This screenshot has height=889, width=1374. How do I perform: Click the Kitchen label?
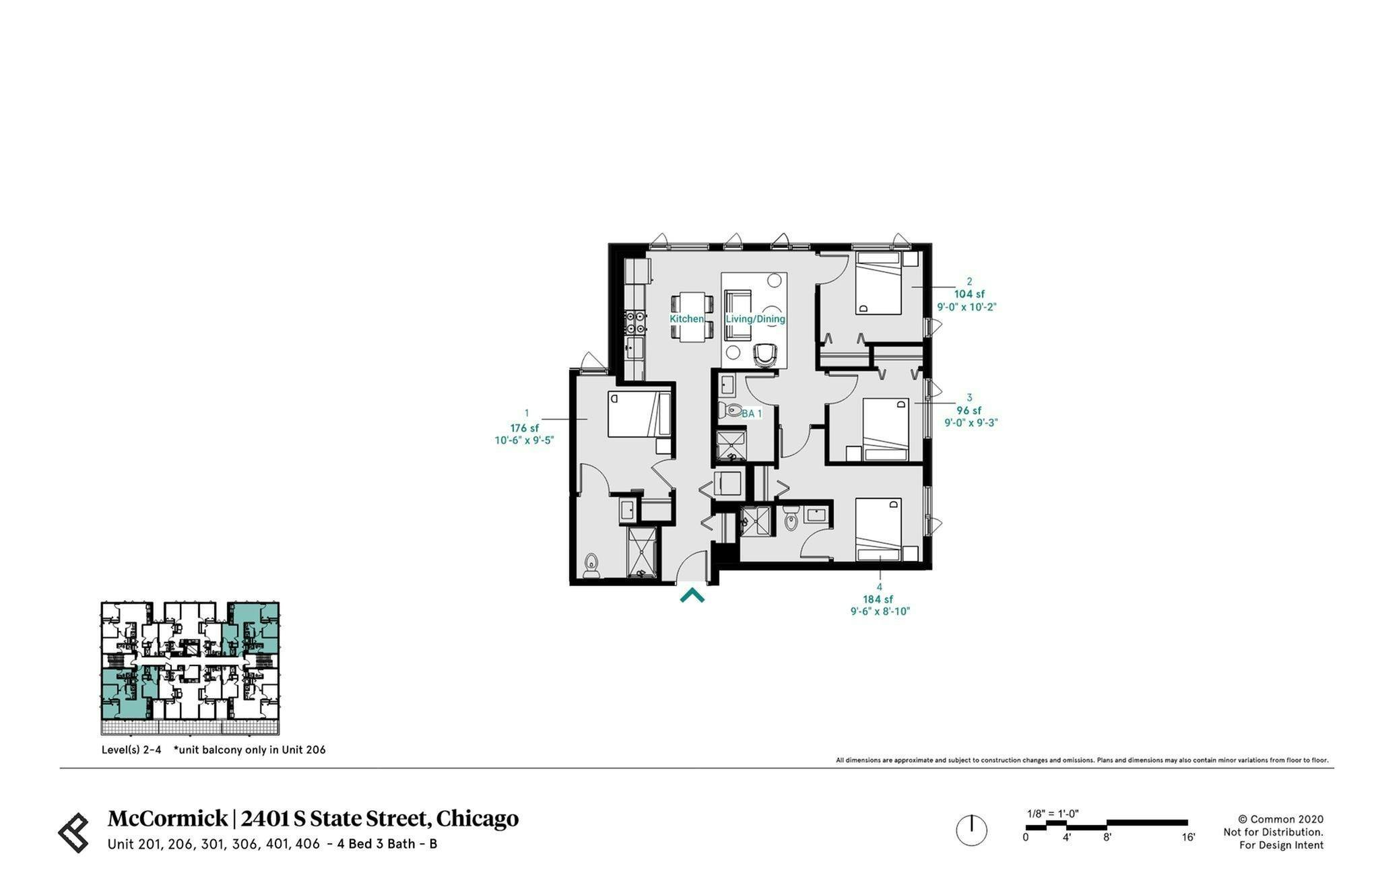686,319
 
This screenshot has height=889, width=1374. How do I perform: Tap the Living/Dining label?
755,319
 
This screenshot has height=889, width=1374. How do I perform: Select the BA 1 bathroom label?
752,414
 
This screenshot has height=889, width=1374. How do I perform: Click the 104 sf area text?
969,294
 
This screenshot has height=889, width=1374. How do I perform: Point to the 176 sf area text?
524,428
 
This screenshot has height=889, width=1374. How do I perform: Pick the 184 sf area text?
878,599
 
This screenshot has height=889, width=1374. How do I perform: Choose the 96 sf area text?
969,411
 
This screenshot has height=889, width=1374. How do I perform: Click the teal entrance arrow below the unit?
692,595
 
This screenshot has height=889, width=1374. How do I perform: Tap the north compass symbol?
971,830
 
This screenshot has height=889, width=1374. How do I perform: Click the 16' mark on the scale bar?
1188,838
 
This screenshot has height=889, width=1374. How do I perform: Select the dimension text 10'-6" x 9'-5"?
524,441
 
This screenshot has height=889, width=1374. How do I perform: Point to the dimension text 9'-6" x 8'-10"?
880,612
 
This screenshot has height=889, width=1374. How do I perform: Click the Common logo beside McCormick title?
73,832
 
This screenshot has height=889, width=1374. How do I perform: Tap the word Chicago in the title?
477,818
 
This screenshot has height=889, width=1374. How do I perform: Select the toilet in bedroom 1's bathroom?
591,566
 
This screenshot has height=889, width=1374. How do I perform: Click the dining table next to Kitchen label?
692,317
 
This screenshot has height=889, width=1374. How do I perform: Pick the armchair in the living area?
765,355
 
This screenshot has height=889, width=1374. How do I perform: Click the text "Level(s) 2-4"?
131,750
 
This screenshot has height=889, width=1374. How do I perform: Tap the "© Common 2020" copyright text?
1280,820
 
